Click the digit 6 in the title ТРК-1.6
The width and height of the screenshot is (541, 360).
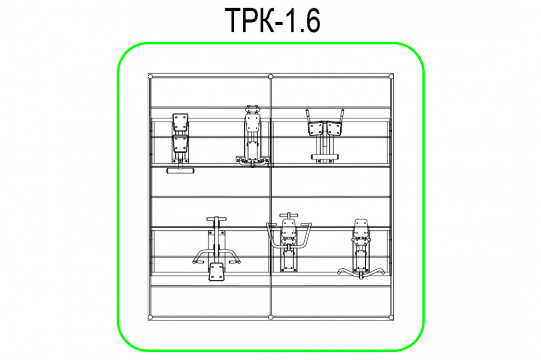(x=311, y=21)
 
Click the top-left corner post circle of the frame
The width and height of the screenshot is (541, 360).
(x=150, y=77)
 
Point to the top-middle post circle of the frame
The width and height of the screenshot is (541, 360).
(x=271, y=77)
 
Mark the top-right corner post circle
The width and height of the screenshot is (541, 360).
(x=391, y=77)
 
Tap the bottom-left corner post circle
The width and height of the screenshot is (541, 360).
(x=150, y=317)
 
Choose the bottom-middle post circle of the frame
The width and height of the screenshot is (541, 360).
(x=271, y=317)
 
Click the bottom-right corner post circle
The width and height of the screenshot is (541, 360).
(x=391, y=317)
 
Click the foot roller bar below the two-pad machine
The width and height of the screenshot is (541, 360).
(x=181, y=171)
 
